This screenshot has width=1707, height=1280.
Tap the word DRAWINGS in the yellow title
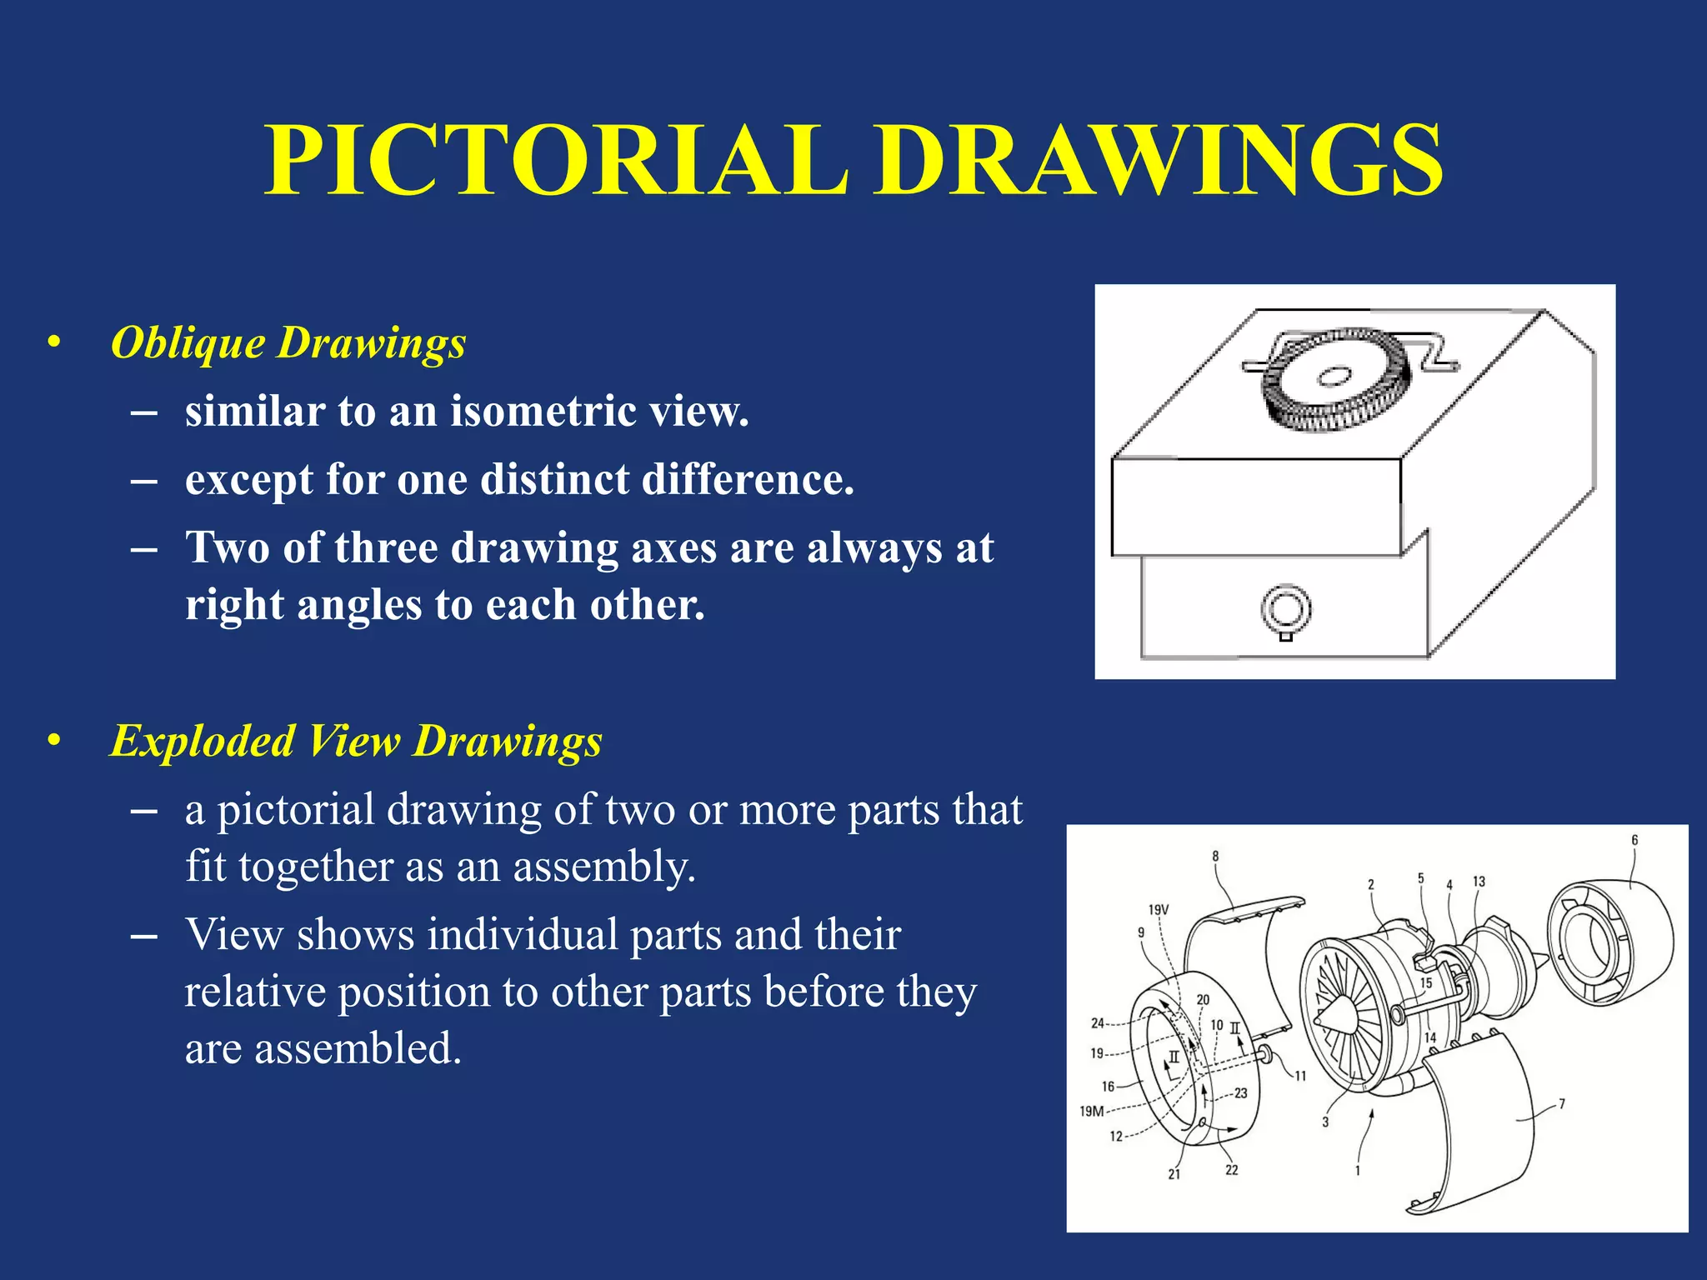pos(1158,160)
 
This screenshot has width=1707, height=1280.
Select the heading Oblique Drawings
pos(288,342)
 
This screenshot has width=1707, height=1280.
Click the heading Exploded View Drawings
pos(356,740)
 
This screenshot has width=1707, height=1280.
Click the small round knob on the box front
pos(1286,609)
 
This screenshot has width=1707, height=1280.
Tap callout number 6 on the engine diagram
pos(1634,840)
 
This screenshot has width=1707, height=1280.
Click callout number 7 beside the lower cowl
pos(1562,1103)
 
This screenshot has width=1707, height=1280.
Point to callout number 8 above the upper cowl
pos(1215,856)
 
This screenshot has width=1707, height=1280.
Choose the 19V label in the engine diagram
pos(1159,909)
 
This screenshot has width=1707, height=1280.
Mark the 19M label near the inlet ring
pos(1091,1111)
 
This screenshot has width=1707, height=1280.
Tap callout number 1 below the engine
pos(1357,1171)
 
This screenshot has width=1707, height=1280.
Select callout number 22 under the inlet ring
pos(1232,1170)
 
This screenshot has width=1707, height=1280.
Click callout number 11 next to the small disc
pos(1300,1076)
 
